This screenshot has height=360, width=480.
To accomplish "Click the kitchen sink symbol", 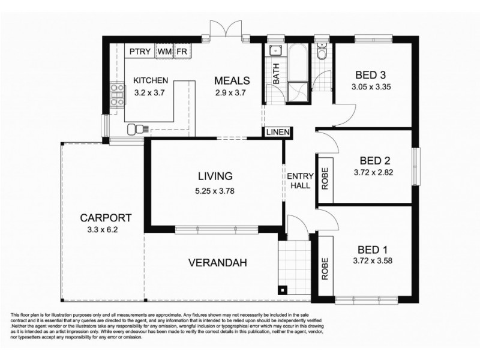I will tap(139, 128).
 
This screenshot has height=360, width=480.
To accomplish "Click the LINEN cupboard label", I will tap(277, 132).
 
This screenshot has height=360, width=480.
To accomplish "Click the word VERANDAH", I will tap(217, 263).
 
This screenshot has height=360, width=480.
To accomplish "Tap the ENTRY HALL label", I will tap(298, 181).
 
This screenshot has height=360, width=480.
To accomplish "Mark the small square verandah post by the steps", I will tap(283, 291).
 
